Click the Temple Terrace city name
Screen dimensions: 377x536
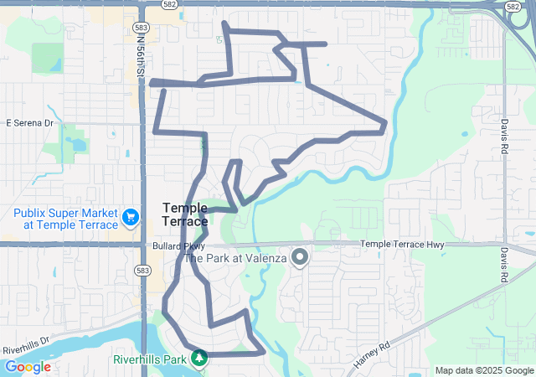(185, 214)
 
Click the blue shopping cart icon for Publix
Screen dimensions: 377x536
(131, 218)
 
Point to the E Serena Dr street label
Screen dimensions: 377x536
(29, 123)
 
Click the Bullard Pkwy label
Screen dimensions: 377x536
(178, 246)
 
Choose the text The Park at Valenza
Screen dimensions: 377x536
(235, 259)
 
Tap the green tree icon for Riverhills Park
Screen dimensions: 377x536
(199, 359)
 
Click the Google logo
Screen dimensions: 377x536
(28, 367)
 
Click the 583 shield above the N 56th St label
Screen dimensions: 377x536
(141, 28)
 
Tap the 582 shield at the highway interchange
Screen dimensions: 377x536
(512, 6)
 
